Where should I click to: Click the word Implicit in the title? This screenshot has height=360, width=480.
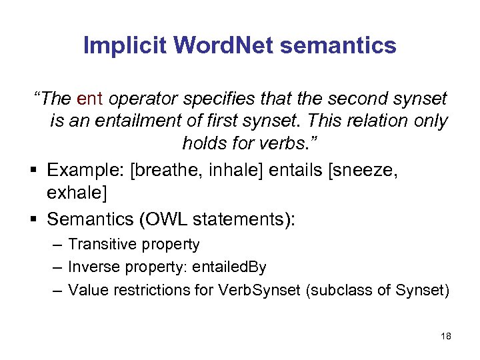click(125, 45)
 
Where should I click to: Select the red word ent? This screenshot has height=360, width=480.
click(89, 99)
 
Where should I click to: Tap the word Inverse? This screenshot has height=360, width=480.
click(95, 267)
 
